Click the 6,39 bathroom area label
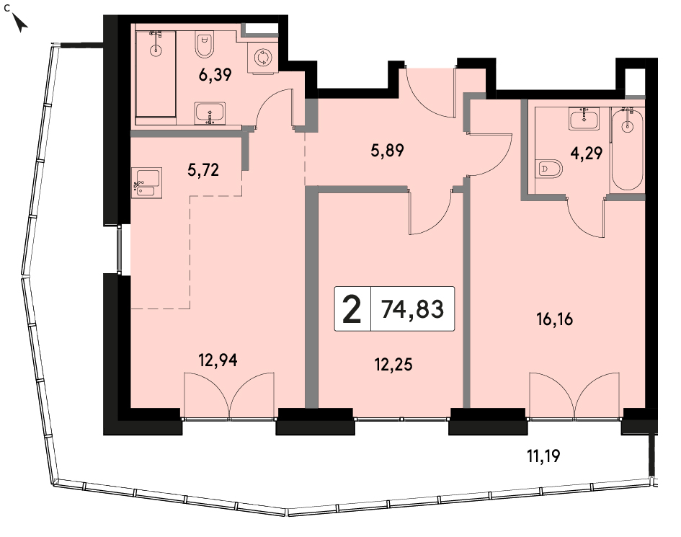coord(215,75)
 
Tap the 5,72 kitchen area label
coord(203,170)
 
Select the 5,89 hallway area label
coord(388,151)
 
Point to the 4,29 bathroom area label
coord(587,153)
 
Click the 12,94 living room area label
coord(218,360)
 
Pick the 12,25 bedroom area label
coord(393,365)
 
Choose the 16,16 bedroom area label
coord(555,319)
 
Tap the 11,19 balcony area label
coord(543,456)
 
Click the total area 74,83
coord(413,309)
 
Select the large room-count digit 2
coord(352,309)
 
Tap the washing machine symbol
coord(262,58)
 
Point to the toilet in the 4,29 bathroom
coord(549,169)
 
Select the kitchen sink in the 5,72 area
coord(147,183)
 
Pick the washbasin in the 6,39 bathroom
coord(210,113)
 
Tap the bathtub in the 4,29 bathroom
coord(627,148)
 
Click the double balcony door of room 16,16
coord(574,395)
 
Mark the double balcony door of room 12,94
coord(229,395)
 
